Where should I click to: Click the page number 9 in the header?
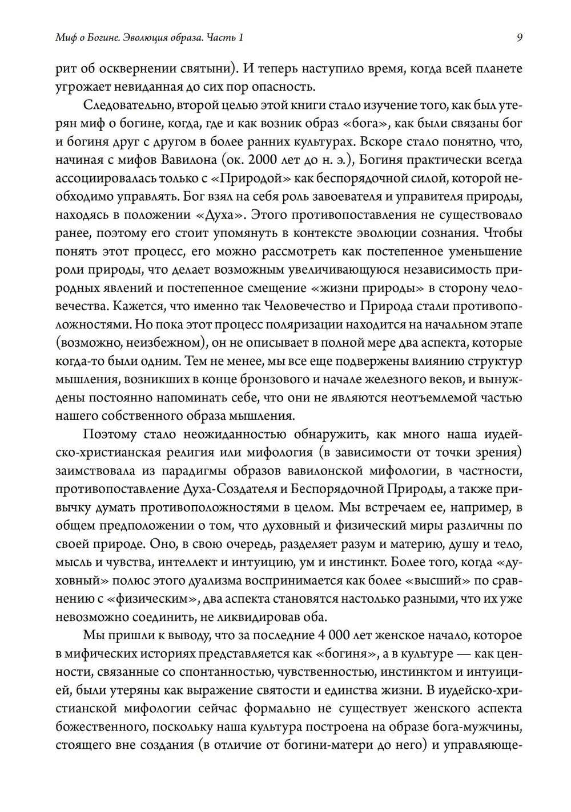(x=519, y=38)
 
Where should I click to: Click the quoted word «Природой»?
(x=252, y=179)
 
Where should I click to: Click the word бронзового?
(x=289, y=380)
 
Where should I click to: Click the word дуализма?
(x=215, y=580)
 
